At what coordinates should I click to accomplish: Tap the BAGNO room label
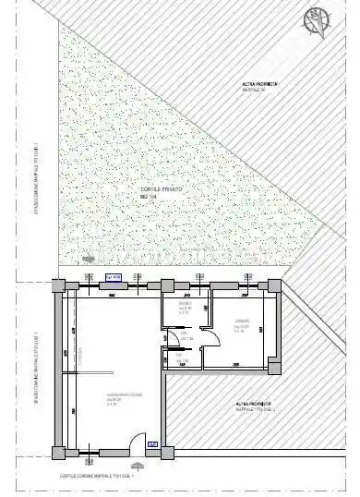(x=184, y=306)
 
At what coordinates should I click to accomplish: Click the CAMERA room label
(x=239, y=324)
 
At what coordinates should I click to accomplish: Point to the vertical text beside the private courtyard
(x=36, y=185)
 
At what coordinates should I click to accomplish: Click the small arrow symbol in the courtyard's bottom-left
(x=89, y=260)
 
